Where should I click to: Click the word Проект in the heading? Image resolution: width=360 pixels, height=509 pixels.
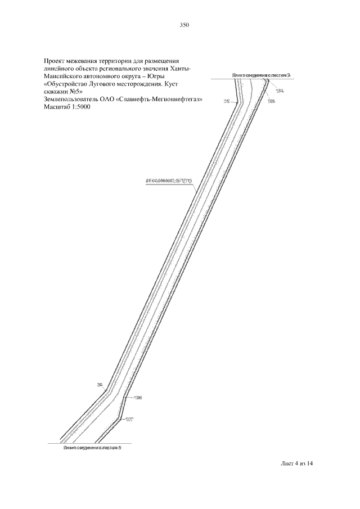point(55,60)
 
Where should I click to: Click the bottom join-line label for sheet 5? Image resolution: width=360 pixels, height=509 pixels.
point(93,448)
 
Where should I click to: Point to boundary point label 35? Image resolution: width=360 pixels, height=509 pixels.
point(227,102)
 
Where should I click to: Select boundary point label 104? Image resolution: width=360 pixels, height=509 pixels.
point(280,90)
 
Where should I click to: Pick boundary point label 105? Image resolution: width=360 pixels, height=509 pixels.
point(271,101)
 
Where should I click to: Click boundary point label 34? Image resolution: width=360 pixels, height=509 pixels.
point(100,385)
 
